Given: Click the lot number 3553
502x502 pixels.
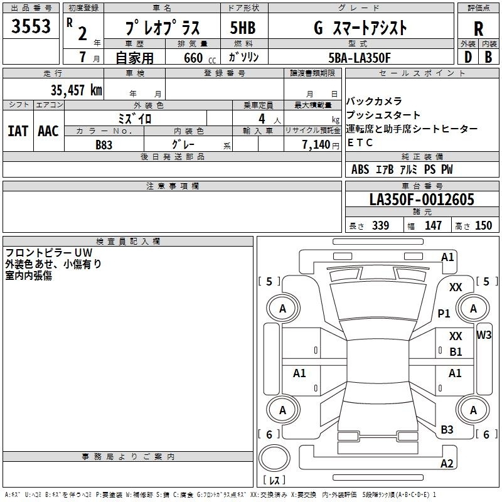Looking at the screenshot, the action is (x=31, y=26).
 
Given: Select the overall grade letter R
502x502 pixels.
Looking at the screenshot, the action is (x=478, y=29).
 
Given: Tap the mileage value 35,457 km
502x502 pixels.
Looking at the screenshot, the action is (x=76, y=90).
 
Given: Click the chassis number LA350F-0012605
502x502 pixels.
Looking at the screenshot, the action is (x=422, y=199).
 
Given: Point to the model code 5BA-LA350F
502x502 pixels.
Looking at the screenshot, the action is (x=360, y=58).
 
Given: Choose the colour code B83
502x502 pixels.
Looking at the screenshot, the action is (x=104, y=145).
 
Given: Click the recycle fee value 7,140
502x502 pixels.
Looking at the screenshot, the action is (x=316, y=145).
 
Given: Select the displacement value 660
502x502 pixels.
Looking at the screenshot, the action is (x=193, y=58).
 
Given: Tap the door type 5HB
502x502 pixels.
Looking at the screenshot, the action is (x=243, y=28).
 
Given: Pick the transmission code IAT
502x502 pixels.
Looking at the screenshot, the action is (x=18, y=131).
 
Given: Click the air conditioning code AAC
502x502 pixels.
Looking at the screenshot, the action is (x=48, y=131).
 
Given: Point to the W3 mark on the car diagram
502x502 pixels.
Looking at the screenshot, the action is (x=484, y=335).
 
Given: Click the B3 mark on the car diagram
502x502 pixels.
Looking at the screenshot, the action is (x=447, y=430).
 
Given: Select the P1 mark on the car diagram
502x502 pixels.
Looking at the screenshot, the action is (x=444, y=313).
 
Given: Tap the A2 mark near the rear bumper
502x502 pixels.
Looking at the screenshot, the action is (x=447, y=463).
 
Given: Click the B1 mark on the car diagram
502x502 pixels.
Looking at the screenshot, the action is (x=456, y=352).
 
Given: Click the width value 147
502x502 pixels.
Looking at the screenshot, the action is (x=433, y=225).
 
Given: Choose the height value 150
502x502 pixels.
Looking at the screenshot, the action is (x=483, y=225).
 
